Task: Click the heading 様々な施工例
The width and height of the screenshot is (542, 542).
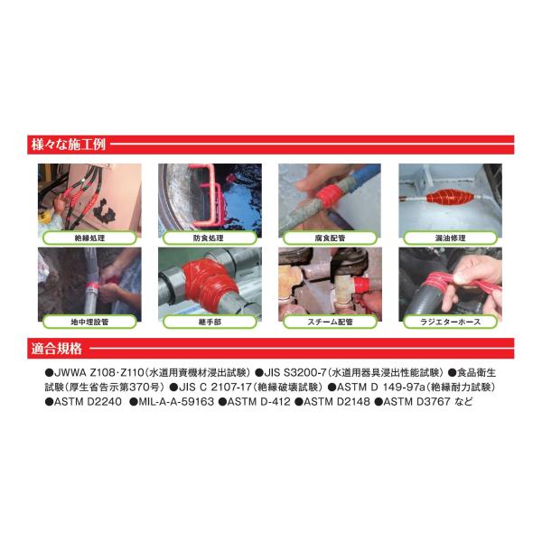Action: click(x=68, y=145)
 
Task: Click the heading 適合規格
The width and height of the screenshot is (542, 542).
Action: click(x=57, y=349)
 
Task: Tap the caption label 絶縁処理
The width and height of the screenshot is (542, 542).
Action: click(x=89, y=238)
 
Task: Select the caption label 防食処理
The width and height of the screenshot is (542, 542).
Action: click(x=210, y=238)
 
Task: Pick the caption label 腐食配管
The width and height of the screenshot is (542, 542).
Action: click(x=330, y=238)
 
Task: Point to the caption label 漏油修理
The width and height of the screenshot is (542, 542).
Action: click(x=450, y=238)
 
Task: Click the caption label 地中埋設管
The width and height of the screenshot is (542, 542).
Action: click(x=89, y=322)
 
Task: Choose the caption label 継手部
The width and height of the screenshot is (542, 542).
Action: click(x=210, y=322)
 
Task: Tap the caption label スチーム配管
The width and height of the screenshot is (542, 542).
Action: click(x=330, y=322)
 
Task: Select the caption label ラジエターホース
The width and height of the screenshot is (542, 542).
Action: click(x=450, y=322)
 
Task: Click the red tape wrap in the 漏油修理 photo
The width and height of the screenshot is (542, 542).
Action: click(x=449, y=197)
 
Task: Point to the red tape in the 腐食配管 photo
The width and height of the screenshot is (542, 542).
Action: click(x=330, y=196)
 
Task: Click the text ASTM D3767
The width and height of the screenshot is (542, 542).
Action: click(x=416, y=402)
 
